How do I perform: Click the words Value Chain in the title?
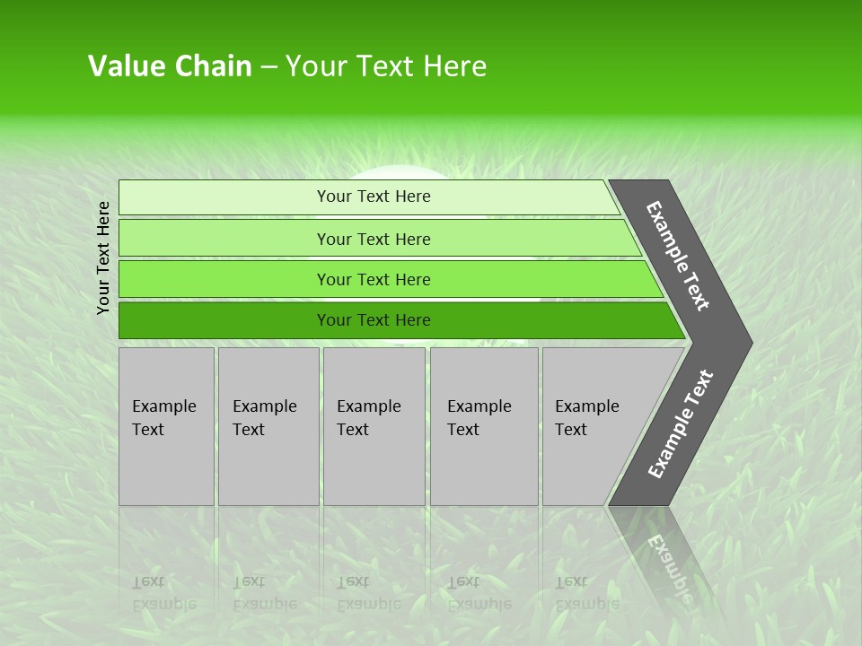pos(170,66)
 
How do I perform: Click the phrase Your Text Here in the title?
pos(386,66)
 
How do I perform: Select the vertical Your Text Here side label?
pos(103,258)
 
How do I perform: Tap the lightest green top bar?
pos(373,196)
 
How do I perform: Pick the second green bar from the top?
pos(373,239)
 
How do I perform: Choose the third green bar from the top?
pos(373,279)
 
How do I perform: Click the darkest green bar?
pos(373,320)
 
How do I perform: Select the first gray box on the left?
pos(166,426)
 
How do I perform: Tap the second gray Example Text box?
pos(268,426)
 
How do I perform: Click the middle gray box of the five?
pos(374,426)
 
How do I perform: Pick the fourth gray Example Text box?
pos(483,426)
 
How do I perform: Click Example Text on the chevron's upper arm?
pos(679,256)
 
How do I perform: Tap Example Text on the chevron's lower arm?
pos(681,423)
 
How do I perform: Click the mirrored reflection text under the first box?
pos(163,593)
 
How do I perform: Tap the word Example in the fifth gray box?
pos(586,406)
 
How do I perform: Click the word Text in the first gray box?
pos(148,430)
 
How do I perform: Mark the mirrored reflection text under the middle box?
pos(368,593)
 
